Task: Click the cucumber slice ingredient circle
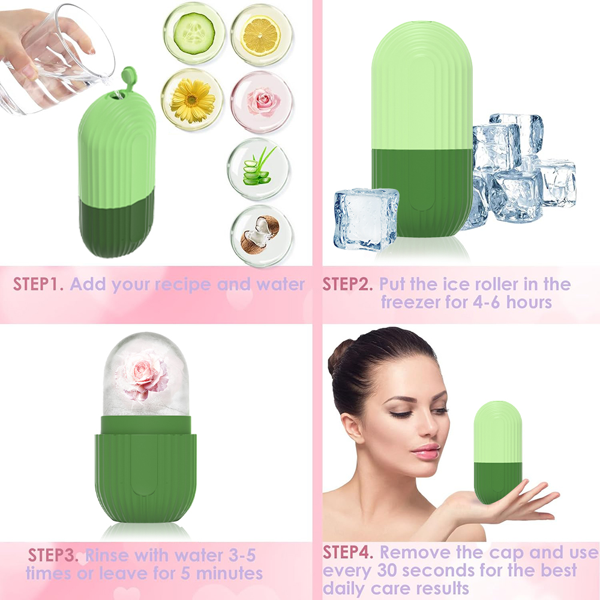(194, 34)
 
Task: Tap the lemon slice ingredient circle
(262, 35)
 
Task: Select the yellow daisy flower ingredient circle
(192, 100)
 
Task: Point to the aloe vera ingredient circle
(258, 169)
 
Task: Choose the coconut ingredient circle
(262, 236)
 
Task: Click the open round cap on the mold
(130, 77)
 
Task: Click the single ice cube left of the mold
(365, 219)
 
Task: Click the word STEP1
(38, 284)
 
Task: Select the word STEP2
(347, 284)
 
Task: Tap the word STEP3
(53, 555)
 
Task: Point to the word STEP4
(348, 552)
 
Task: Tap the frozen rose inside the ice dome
(142, 374)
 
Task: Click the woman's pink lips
(425, 451)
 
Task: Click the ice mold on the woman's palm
(497, 452)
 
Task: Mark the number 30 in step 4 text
(388, 571)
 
